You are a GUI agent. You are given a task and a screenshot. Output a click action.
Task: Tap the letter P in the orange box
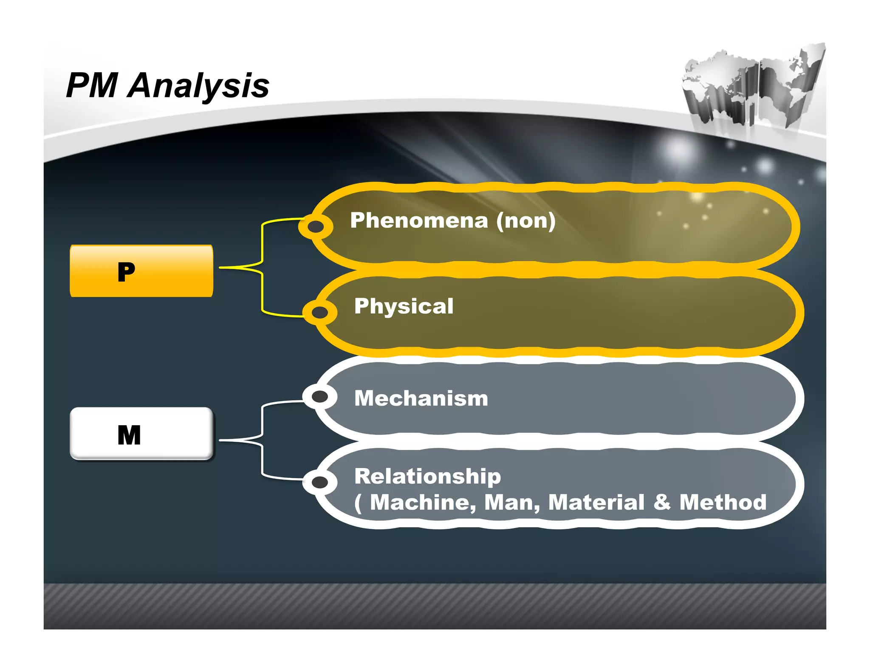[127, 272]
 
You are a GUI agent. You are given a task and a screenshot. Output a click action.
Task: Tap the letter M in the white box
[129, 435]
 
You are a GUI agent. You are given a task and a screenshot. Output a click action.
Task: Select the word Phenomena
[419, 220]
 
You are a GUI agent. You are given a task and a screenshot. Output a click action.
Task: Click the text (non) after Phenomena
[526, 221]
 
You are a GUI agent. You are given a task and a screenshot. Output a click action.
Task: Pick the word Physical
[404, 306]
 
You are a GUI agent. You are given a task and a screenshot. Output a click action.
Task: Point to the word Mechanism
[421, 398]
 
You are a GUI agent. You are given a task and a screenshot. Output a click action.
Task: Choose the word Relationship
[427, 476]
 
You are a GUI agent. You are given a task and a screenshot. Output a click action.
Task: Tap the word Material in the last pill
[596, 503]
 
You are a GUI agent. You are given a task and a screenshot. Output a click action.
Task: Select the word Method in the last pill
[723, 503]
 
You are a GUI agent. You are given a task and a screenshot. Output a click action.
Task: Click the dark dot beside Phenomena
[316, 227]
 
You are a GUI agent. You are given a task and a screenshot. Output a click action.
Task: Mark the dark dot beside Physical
[319, 313]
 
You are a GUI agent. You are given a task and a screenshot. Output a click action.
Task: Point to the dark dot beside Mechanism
[319, 397]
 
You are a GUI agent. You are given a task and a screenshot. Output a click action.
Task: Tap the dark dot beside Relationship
[319, 482]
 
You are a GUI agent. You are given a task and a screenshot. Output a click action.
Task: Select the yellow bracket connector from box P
[262, 268]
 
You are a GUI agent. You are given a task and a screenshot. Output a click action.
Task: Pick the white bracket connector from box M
[262, 440]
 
